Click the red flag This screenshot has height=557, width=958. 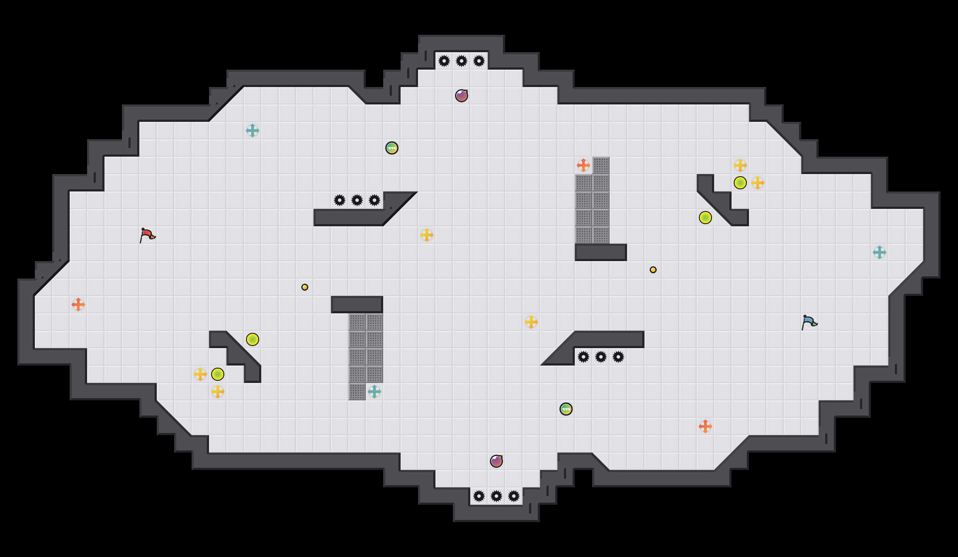click(147, 235)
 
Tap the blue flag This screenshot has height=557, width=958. click(809, 322)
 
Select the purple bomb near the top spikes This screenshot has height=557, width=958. click(462, 96)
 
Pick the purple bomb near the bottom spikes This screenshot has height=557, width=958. click(496, 461)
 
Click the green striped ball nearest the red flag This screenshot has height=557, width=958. click(392, 148)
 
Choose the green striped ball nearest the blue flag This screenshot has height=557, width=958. click(566, 409)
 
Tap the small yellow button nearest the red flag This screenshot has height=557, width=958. click(305, 287)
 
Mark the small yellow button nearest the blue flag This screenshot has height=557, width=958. click(653, 270)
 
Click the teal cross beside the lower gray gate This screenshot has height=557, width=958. click(374, 392)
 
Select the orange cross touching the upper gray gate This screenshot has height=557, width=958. click(584, 165)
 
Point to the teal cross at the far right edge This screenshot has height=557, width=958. click(880, 252)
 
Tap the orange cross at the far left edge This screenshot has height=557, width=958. click(78, 305)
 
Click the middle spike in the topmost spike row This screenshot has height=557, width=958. click(462, 61)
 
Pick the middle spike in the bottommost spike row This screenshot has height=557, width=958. click(496, 496)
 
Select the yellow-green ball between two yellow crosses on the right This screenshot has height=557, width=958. click(740, 183)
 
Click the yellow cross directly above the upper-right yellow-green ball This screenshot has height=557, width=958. click(740, 165)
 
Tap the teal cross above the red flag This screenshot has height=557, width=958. click(253, 131)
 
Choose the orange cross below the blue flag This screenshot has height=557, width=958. click(705, 426)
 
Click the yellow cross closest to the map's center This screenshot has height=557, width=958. click(427, 235)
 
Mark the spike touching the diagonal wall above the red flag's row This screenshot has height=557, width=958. click(374, 200)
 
